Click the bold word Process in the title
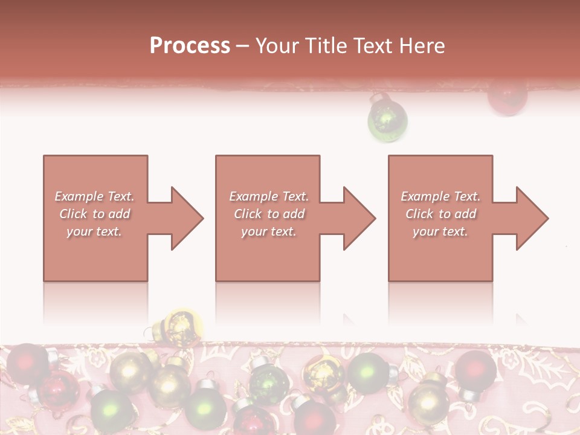coord(190,46)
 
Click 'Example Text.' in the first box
coord(94,196)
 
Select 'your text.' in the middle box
coord(268,231)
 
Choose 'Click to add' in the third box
coord(441,214)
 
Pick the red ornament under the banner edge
coord(507,97)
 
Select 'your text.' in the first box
coord(94,231)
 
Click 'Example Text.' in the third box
coord(440,196)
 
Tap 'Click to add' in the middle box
coord(269,214)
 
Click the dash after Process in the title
coord(243,46)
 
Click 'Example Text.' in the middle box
coord(269,196)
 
